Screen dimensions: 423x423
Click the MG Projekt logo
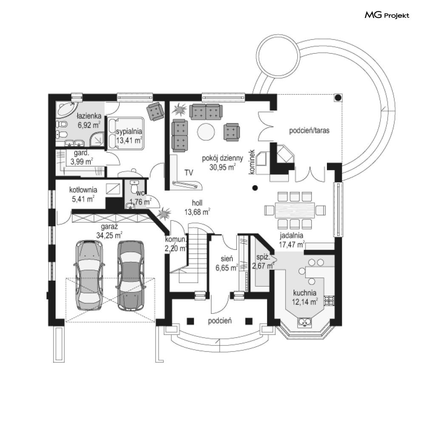(386, 15)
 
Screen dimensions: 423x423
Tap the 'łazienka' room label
(88, 116)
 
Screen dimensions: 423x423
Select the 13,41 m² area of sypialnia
(129, 141)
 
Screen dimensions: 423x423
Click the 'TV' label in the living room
(189, 173)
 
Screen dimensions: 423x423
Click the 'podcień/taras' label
(309, 130)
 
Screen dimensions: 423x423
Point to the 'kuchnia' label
(304, 293)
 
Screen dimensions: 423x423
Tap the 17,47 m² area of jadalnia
(292, 245)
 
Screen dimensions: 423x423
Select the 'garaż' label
(109, 226)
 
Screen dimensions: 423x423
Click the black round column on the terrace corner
(338, 98)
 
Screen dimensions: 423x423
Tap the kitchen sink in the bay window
(304, 322)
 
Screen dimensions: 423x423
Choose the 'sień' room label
(226, 258)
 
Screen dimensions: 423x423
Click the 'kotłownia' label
(84, 190)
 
